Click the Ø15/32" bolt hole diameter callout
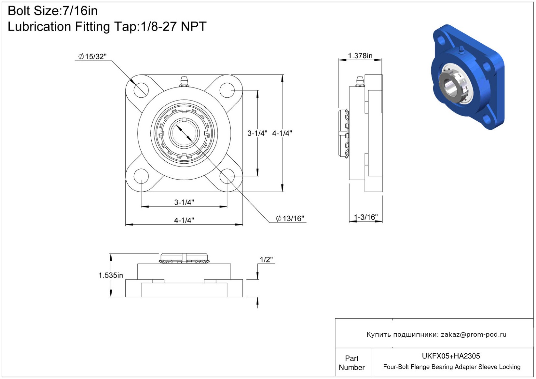pos(92,57)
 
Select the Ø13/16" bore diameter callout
pos(290,218)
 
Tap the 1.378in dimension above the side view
pos(360,56)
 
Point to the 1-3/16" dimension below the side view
pos(366,217)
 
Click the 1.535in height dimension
pos(111,275)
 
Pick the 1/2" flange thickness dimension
pos(266,259)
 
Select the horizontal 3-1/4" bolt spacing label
pos(184,202)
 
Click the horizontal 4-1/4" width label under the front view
pos(184,220)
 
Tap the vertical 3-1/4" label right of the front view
pos(257,133)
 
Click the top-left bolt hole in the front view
pos(141,90)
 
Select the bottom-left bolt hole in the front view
pos(141,176)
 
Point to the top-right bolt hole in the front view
pos(227,90)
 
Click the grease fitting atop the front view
pos(184,82)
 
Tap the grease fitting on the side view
pos(359,81)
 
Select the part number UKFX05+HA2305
pos(451,356)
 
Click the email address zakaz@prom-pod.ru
pos(474,334)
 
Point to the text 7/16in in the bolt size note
pos(80,11)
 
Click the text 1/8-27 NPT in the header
pos(173,26)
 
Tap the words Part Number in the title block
pos(351,363)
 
